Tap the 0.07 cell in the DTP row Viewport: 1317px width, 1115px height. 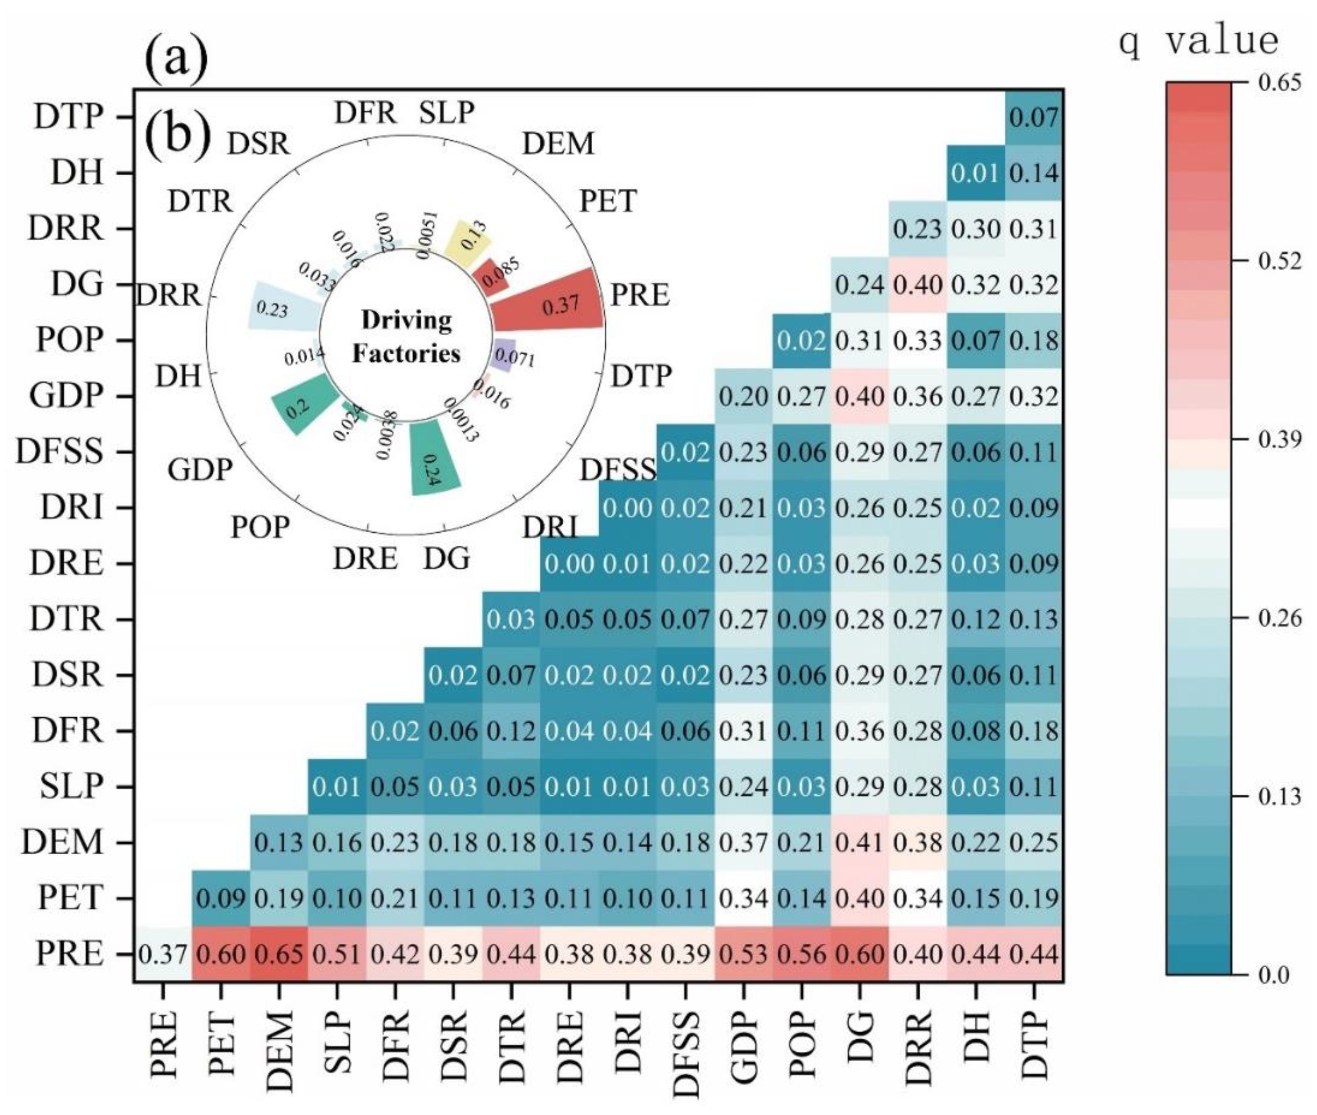[1034, 117]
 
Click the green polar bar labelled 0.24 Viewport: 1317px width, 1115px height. [433, 458]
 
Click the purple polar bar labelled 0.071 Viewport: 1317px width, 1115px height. [505, 354]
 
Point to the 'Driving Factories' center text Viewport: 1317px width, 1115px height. [406, 336]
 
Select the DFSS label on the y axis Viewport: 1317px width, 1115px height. [60, 452]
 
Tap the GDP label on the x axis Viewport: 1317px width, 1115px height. [744, 1043]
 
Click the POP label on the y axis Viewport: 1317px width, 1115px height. [69, 340]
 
